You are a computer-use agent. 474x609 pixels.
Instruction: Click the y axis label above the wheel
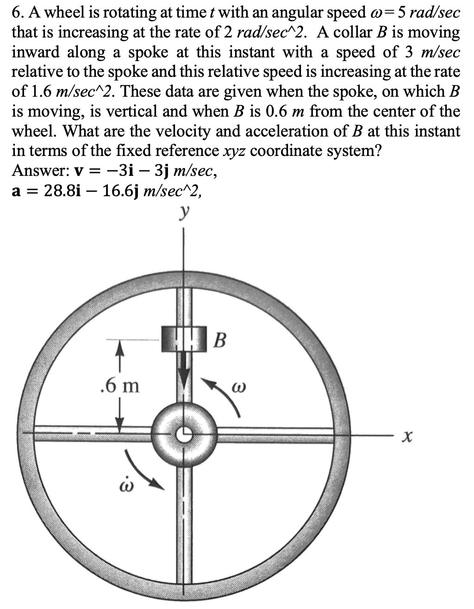186,215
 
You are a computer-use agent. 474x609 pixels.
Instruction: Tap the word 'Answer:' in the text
37,171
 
